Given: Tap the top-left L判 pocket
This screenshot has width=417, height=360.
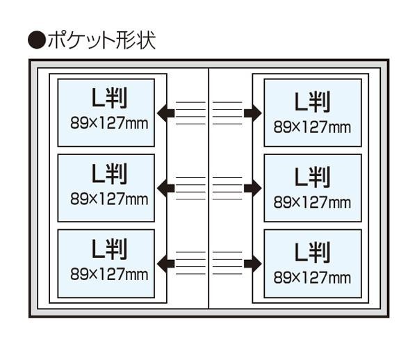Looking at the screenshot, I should pos(106,112).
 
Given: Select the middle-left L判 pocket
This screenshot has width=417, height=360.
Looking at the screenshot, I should pos(106,188).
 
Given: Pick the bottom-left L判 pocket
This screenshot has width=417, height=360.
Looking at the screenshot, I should pos(106,263).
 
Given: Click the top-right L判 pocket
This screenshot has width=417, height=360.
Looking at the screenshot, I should pos(313,113).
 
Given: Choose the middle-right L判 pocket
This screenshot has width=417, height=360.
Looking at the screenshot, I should pos(313,188).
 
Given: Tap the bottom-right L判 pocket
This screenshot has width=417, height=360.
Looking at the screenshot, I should pos(313,263).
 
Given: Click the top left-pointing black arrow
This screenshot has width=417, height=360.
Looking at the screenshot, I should pos(165,113).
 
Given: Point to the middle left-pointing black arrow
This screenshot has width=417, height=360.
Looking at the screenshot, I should pos(165,188).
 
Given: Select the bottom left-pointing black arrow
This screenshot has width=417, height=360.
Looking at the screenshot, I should pos(165,263).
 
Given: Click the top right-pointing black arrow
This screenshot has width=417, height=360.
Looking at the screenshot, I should pos(252,113).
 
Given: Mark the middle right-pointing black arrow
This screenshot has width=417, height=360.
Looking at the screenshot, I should pos(252,188).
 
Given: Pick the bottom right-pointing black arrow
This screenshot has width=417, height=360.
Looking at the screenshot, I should pos(252,263).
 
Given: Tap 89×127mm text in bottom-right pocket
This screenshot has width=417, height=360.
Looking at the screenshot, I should pos(312,278).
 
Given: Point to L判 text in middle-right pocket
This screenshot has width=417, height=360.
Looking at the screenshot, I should pos(312,178).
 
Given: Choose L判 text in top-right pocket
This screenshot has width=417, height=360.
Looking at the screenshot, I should pos(312,103).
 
